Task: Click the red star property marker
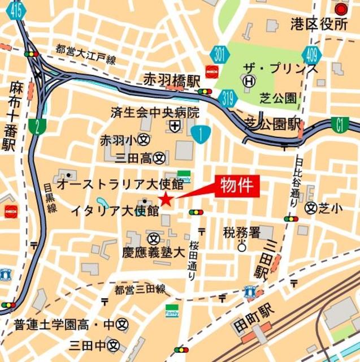[x=166, y=199]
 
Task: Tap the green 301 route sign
[x=221, y=55]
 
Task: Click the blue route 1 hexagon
[x=202, y=134]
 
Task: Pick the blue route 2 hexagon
[x=37, y=127]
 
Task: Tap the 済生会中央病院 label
[x=155, y=112]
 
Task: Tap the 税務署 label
[x=241, y=232]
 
